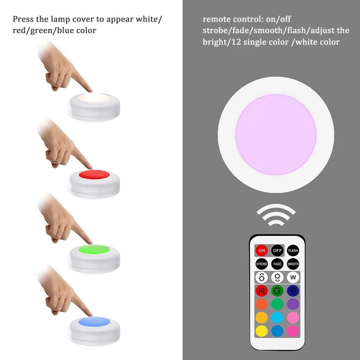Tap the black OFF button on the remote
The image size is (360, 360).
277,250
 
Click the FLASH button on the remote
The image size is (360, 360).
293,250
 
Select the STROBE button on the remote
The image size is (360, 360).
261,264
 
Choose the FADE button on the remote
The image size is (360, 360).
277,264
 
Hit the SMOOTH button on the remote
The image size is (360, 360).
293,264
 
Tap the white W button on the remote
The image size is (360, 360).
293,277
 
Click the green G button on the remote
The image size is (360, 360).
277,291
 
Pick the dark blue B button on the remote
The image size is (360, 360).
293,291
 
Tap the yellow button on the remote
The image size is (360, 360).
261,331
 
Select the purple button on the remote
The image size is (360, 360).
293,304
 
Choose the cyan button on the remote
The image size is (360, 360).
277,318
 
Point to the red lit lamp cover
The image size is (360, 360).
94,174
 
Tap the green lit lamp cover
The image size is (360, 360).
94,249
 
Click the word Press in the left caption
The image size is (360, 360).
23,19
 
